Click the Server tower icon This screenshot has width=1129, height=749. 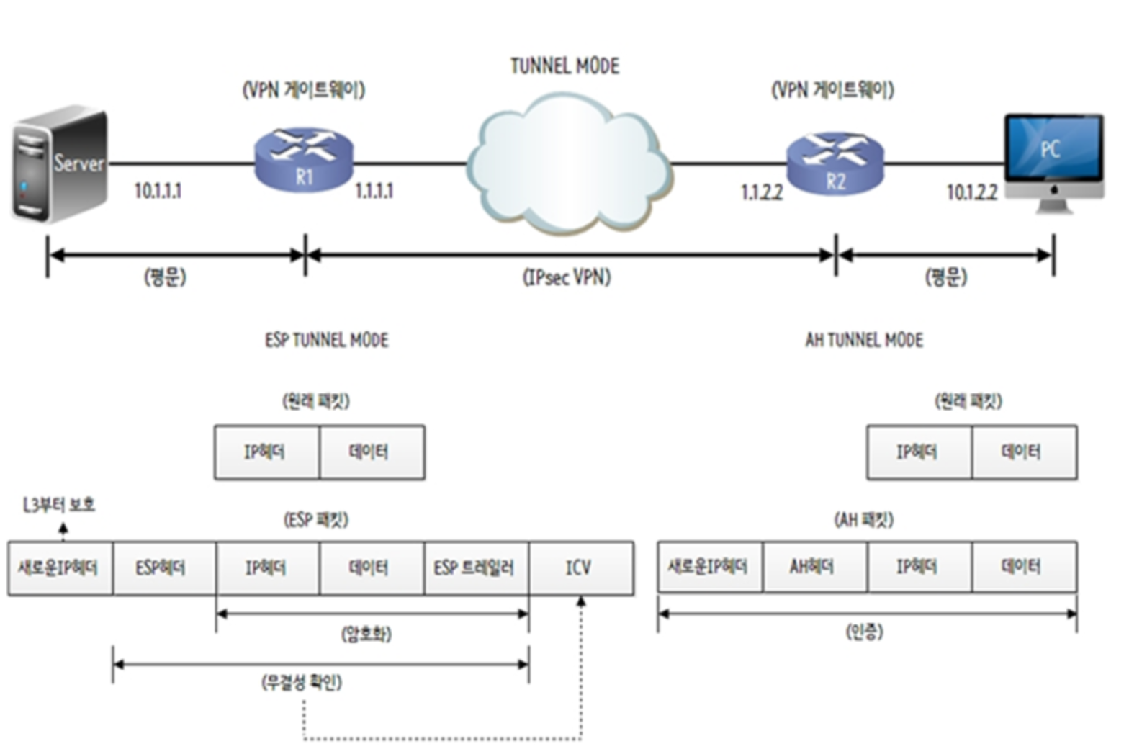(59, 164)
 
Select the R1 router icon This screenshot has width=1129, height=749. (304, 161)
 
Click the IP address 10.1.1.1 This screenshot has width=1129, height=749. (158, 192)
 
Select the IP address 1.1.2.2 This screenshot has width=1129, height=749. (761, 192)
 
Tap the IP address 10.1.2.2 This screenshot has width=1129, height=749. (971, 192)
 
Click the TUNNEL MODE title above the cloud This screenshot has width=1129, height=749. (564, 66)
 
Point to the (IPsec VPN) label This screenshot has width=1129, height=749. (567, 277)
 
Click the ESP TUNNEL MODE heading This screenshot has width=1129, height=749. (326, 340)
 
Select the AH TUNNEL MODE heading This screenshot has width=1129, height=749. (864, 340)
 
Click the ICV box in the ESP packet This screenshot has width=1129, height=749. (581, 568)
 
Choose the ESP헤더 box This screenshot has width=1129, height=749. (163, 568)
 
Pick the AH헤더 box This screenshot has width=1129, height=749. (814, 567)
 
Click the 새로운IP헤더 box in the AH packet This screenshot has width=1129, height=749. (709, 567)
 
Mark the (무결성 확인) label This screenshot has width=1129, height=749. (301, 681)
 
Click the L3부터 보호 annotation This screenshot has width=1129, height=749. (59, 505)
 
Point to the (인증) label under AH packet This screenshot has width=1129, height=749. (864, 632)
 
